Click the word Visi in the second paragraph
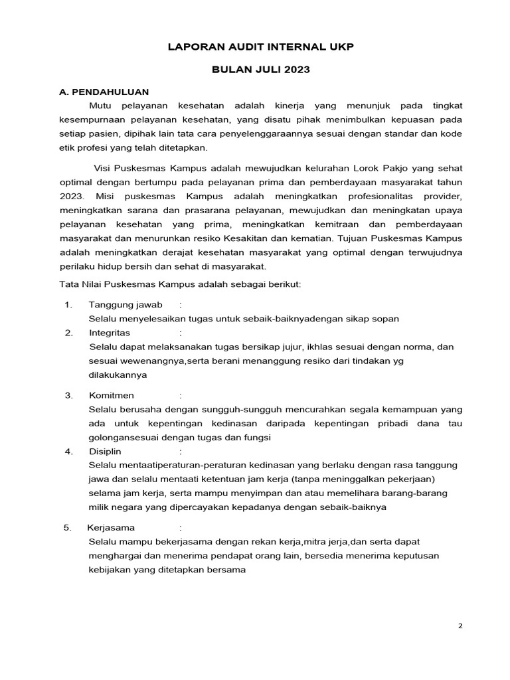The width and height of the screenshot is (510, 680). click(x=104, y=168)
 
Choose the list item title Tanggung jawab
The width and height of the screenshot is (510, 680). click(x=126, y=304)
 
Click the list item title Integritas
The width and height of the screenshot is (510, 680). click(x=110, y=332)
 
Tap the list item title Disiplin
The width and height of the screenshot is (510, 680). click(x=105, y=452)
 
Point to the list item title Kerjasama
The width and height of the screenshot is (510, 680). click(x=111, y=527)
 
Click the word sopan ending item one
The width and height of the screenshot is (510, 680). click(x=386, y=318)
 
